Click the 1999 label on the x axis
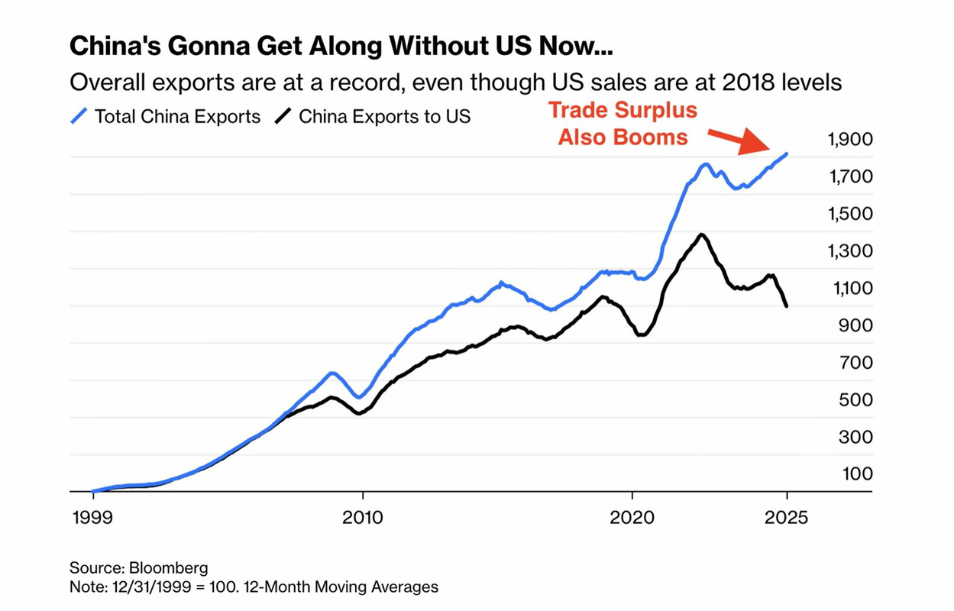point(92,516)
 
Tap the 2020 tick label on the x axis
point(632,516)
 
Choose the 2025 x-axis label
point(787,516)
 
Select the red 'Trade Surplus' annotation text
point(623,110)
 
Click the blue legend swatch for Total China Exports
point(79,117)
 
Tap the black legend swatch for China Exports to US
point(283,117)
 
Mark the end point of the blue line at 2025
point(787,154)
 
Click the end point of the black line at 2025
point(787,306)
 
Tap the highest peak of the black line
point(701,234)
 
